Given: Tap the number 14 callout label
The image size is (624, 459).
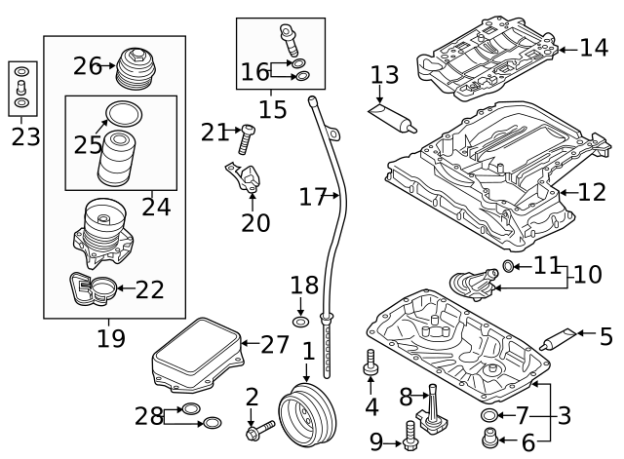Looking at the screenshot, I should [x=593, y=47].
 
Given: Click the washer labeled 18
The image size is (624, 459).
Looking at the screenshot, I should [x=301, y=322].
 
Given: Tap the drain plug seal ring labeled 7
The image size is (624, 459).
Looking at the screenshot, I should [x=488, y=418].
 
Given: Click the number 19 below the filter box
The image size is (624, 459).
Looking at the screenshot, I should [x=111, y=338].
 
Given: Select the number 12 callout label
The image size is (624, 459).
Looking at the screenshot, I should [x=592, y=192].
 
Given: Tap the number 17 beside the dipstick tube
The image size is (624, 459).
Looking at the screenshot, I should [x=312, y=197].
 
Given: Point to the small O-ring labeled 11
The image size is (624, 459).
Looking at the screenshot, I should [x=508, y=266].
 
